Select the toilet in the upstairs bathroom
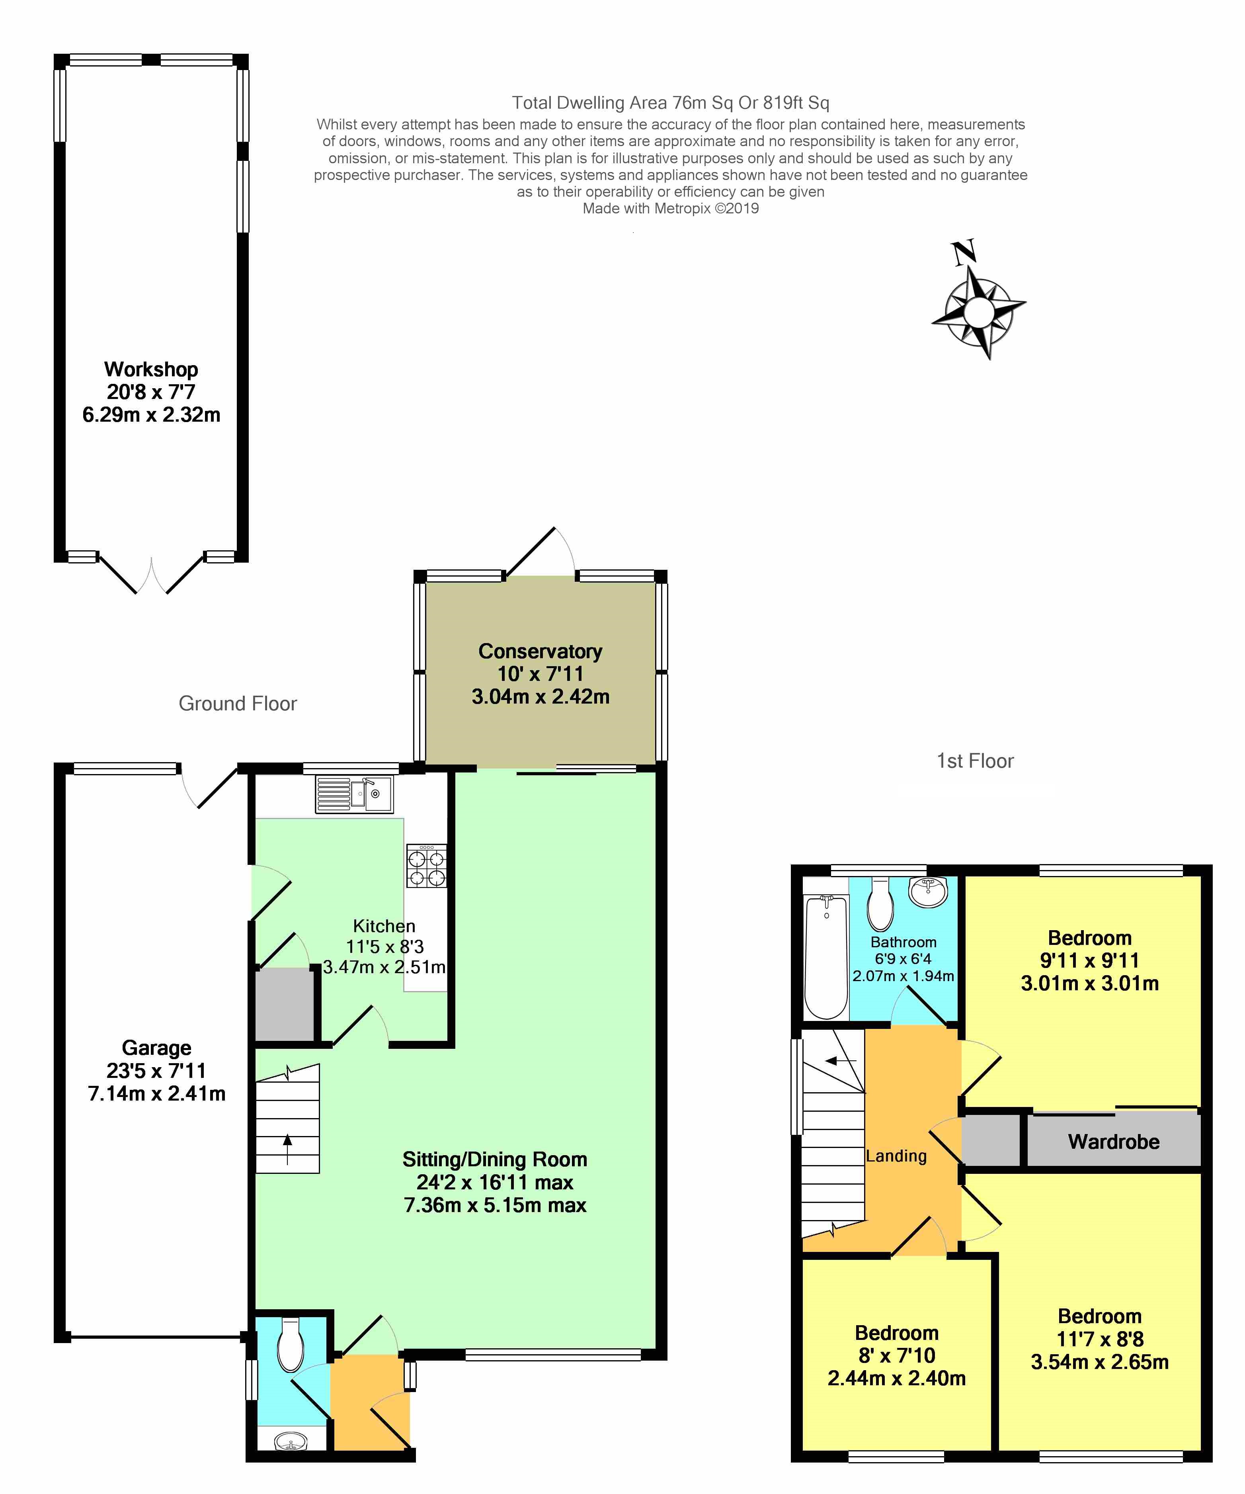(880, 903)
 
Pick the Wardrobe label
(1114, 1142)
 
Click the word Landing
(896, 1156)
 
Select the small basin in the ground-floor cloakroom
(291, 1440)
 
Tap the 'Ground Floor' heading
(238, 704)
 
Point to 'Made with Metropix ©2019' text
(671, 208)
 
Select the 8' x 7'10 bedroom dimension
(897, 1355)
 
